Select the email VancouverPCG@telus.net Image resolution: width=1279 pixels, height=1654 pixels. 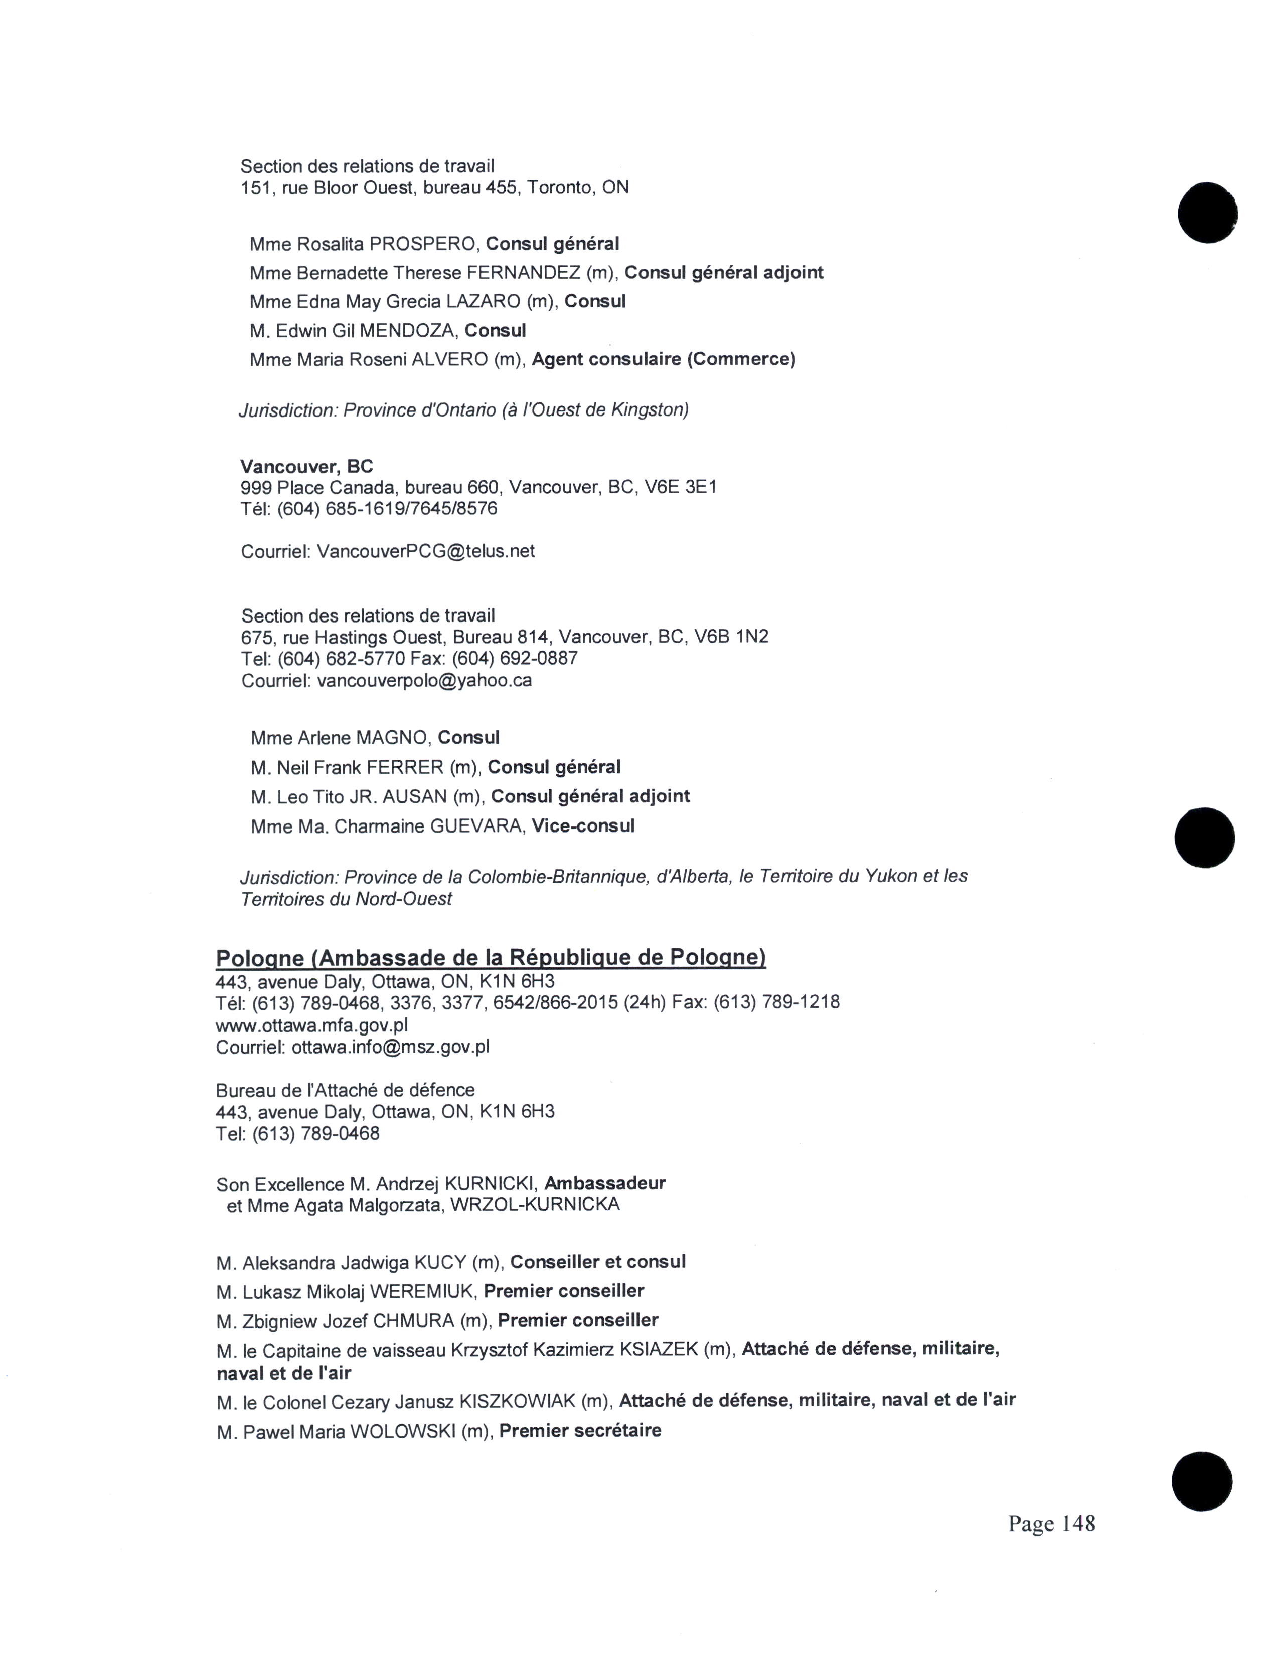[x=425, y=551]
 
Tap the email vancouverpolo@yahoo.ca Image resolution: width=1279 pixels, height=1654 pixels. [x=424, y=680]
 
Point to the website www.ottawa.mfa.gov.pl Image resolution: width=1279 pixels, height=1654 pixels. [x=312, y=1025]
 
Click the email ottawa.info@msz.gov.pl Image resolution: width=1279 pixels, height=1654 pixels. [x=390, y=1047]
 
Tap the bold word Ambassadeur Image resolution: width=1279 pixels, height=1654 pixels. [x=605, y=1183]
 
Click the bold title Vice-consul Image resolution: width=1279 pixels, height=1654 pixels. [x=583, y=825]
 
